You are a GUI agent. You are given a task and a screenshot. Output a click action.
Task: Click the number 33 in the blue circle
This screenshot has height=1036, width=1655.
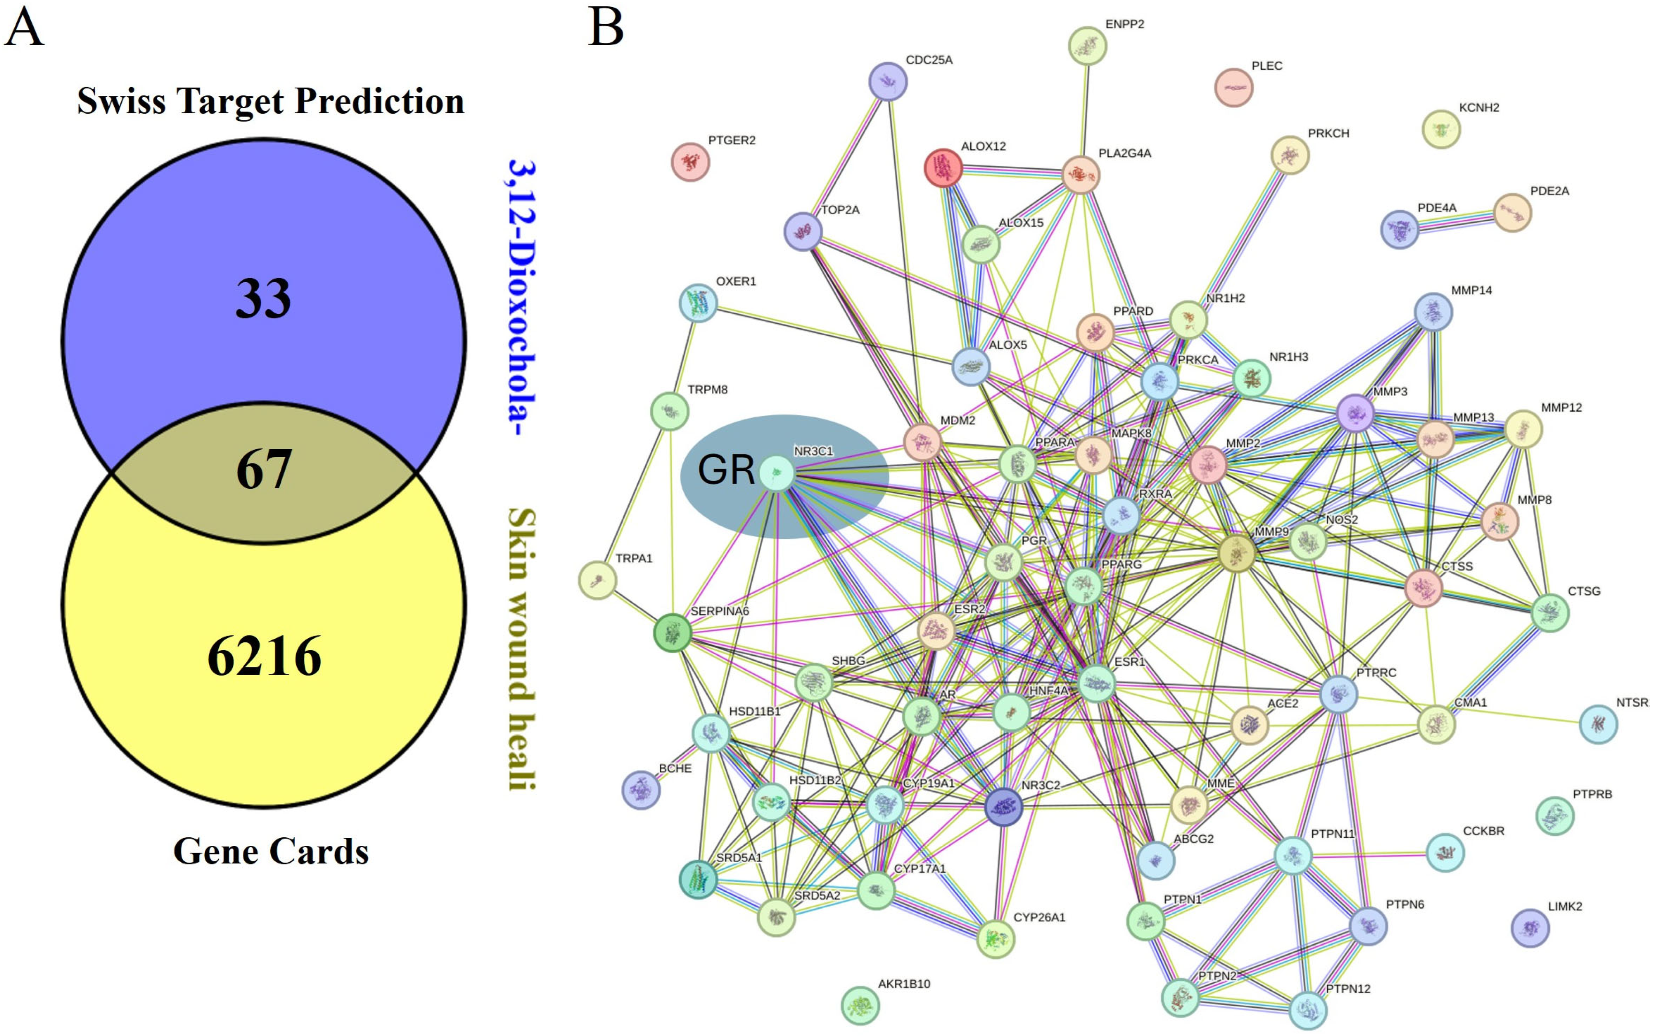[263, 299]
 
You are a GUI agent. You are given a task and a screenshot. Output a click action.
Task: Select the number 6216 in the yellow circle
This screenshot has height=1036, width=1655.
[264, 656]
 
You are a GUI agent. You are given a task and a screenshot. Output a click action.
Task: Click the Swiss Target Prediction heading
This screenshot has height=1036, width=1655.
[271, 102]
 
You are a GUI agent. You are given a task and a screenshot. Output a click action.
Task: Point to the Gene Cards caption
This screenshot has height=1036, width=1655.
[271, 852]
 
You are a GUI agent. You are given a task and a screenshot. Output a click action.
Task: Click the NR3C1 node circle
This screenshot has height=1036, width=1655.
[777, 473]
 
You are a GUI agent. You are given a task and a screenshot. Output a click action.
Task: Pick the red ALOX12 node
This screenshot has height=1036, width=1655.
[943, 167]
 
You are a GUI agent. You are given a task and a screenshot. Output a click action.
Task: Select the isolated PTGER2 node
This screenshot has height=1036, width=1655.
[690, 162]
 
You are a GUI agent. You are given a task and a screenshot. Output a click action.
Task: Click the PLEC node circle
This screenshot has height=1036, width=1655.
[1234, 87]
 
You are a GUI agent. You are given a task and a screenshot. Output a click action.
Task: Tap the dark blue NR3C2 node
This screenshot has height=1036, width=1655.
[1003, 807]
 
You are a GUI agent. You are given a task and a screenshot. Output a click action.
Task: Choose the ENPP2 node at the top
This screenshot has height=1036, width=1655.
[1088, 46]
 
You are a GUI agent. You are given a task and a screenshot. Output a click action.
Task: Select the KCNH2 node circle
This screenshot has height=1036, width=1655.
[1441, 129]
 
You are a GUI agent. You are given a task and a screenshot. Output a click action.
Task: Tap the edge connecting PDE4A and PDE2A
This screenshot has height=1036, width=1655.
[1455, 221]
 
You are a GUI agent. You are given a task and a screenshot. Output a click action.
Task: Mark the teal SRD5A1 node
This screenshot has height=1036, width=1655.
[698, 879]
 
